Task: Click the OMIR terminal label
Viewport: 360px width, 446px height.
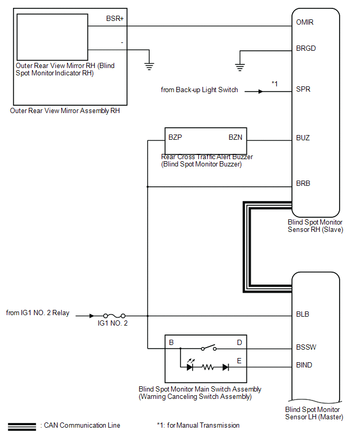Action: [x=305, y=22]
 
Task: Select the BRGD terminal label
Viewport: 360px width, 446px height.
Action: [x=306, y=48]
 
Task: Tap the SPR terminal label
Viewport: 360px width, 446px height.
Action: [x=303, y=90]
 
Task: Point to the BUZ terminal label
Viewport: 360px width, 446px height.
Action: [x=303, y=138]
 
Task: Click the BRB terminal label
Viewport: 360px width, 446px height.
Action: [x=303, y=183]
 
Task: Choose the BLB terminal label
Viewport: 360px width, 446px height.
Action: [x=302, y=314]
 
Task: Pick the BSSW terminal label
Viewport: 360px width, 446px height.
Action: [x=306, y=347]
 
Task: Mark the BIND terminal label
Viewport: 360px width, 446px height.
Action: [x=304, y=365]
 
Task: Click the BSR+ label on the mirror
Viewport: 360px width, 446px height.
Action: [x=115, y=18]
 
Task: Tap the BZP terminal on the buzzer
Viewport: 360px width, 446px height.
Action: [x=175, y=137]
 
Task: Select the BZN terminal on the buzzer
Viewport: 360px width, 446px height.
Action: [x=235, y=137]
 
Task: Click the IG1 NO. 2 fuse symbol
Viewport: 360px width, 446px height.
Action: [x=114, y=316]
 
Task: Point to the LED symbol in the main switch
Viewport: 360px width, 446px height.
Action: [x=190, y=365]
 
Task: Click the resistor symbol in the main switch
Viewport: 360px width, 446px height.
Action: [x=208, y=367]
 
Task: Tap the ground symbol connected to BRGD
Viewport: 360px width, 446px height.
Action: [x=240, y=68]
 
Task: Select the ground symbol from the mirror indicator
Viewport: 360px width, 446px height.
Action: [x=149, y=66]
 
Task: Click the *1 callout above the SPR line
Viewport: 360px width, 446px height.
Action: [x=274, y=84]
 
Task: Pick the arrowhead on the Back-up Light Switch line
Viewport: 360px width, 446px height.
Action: [x=261, y=92]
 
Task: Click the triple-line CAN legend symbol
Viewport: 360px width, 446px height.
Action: [x=22, y=427]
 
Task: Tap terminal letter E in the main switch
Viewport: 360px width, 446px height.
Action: [x=239, y=361]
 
